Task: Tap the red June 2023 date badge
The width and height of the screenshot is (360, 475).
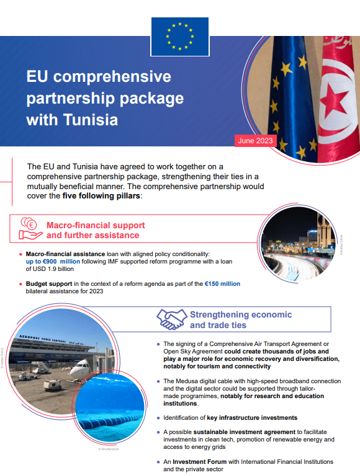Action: (x=255, y=141)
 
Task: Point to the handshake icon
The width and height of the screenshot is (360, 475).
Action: (x=172, y=319)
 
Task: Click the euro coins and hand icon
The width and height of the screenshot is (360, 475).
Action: (x=30, y=229)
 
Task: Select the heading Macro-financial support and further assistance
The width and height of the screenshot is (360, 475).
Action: (x=96, y=230)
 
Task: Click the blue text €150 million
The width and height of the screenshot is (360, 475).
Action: (x=222, y=283)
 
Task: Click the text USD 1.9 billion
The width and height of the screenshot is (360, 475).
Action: (x=53, y=269)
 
